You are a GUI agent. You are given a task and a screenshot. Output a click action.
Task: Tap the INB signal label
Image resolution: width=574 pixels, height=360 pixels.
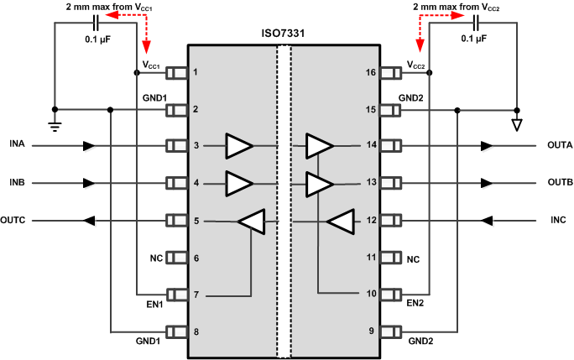(x=18, y=183)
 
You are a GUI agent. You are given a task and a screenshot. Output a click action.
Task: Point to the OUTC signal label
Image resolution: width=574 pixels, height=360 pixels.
(x=15, y=222)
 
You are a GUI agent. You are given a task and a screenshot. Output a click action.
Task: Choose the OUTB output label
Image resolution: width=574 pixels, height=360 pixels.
(x=558, y=183)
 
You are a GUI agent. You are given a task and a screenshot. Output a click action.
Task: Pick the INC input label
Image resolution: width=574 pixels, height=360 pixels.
(x=558, y=222)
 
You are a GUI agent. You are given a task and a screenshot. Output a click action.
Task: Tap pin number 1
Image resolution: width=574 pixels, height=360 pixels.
(x=196, y=72)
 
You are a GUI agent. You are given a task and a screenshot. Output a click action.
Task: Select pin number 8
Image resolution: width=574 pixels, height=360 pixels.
(x=196, y=332)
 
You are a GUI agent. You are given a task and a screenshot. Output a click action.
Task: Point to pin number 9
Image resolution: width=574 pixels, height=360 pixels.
(x=370, y=332)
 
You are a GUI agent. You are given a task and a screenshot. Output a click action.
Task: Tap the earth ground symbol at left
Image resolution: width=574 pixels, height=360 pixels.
(x=55, y=127)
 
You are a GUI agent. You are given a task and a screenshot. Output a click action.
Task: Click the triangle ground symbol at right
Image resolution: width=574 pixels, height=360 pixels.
(x=516, y=125)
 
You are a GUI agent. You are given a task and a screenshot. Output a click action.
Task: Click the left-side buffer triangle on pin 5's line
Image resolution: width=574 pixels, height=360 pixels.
(x=251, y=222)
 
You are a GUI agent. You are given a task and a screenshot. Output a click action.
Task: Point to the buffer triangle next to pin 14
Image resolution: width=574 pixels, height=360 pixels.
(x=319, y=146)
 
